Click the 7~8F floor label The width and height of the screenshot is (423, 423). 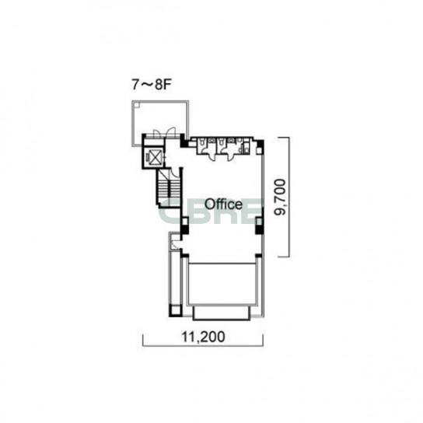click(152, 84)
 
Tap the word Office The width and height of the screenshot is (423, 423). click(223, 205)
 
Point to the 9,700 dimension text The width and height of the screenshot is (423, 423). click(280, 197)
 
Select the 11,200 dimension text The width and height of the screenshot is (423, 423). click(203, 337)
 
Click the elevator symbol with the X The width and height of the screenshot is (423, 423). click(154, 158)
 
